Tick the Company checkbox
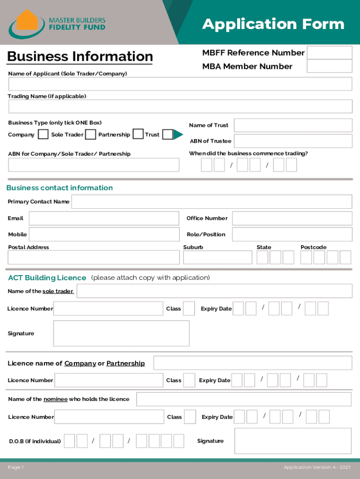[x=43, y=135]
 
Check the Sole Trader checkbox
[x=91, y=135]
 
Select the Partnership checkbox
[x=138, y=135]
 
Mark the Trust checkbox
[x=167, y=135]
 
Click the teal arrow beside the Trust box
[x=178, y=135]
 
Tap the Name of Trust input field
[x=293, y=125]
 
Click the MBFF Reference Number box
[x=330, y=53]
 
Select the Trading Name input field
[x=180, y=107]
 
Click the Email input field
[x=104, y=218]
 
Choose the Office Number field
[x=292, y=218]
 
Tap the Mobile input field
[x=104, y=234]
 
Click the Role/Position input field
[x=292, y=234]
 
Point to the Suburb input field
[x=216, y=257]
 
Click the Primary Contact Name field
[x=211, y=202]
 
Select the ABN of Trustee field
[x=293, y=141]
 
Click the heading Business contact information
[x=59, y=188]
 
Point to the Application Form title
[x=273, y=24]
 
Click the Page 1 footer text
[x=16, y=467]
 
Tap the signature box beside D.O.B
[x=293, y=441]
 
